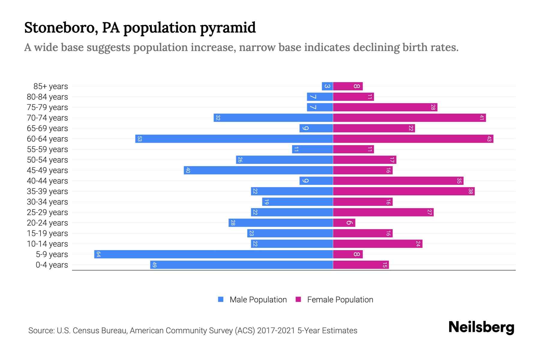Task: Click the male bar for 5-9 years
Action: (214, 254)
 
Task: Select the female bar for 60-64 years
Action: (413, 139)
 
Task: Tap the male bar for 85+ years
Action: (327, 86)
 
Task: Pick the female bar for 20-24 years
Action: (344, 223)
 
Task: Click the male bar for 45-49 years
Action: (258, 170)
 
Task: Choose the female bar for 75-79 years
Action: (385, 107)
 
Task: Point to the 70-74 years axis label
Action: (47, 118)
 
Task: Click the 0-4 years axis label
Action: (52, 265)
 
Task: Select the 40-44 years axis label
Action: (47, 181)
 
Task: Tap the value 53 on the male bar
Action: (139, 139)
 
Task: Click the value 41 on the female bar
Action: (481, 118)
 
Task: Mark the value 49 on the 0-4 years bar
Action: (154, 265)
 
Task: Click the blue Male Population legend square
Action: (221, 299)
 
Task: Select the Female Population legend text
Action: (340, 300)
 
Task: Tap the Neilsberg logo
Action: (481, 328)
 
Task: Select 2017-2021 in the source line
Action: (276, 331)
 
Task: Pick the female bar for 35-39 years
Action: (404, 191)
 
